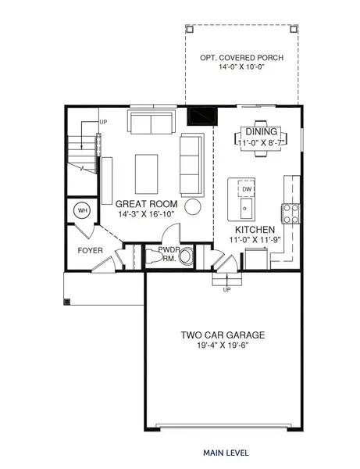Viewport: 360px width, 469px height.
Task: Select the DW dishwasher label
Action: (x=247, y=189)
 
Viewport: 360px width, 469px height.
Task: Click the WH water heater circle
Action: (x=82, y=210)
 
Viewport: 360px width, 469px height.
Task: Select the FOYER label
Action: (x=90, y=250)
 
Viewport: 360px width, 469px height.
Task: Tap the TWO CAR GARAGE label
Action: (x=223, y=335)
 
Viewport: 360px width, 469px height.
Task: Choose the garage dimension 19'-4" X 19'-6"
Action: (x=223, y=345)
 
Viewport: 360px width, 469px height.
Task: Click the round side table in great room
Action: (x=195, y=207)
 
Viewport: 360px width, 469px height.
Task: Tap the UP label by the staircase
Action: (x=103, y=121)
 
